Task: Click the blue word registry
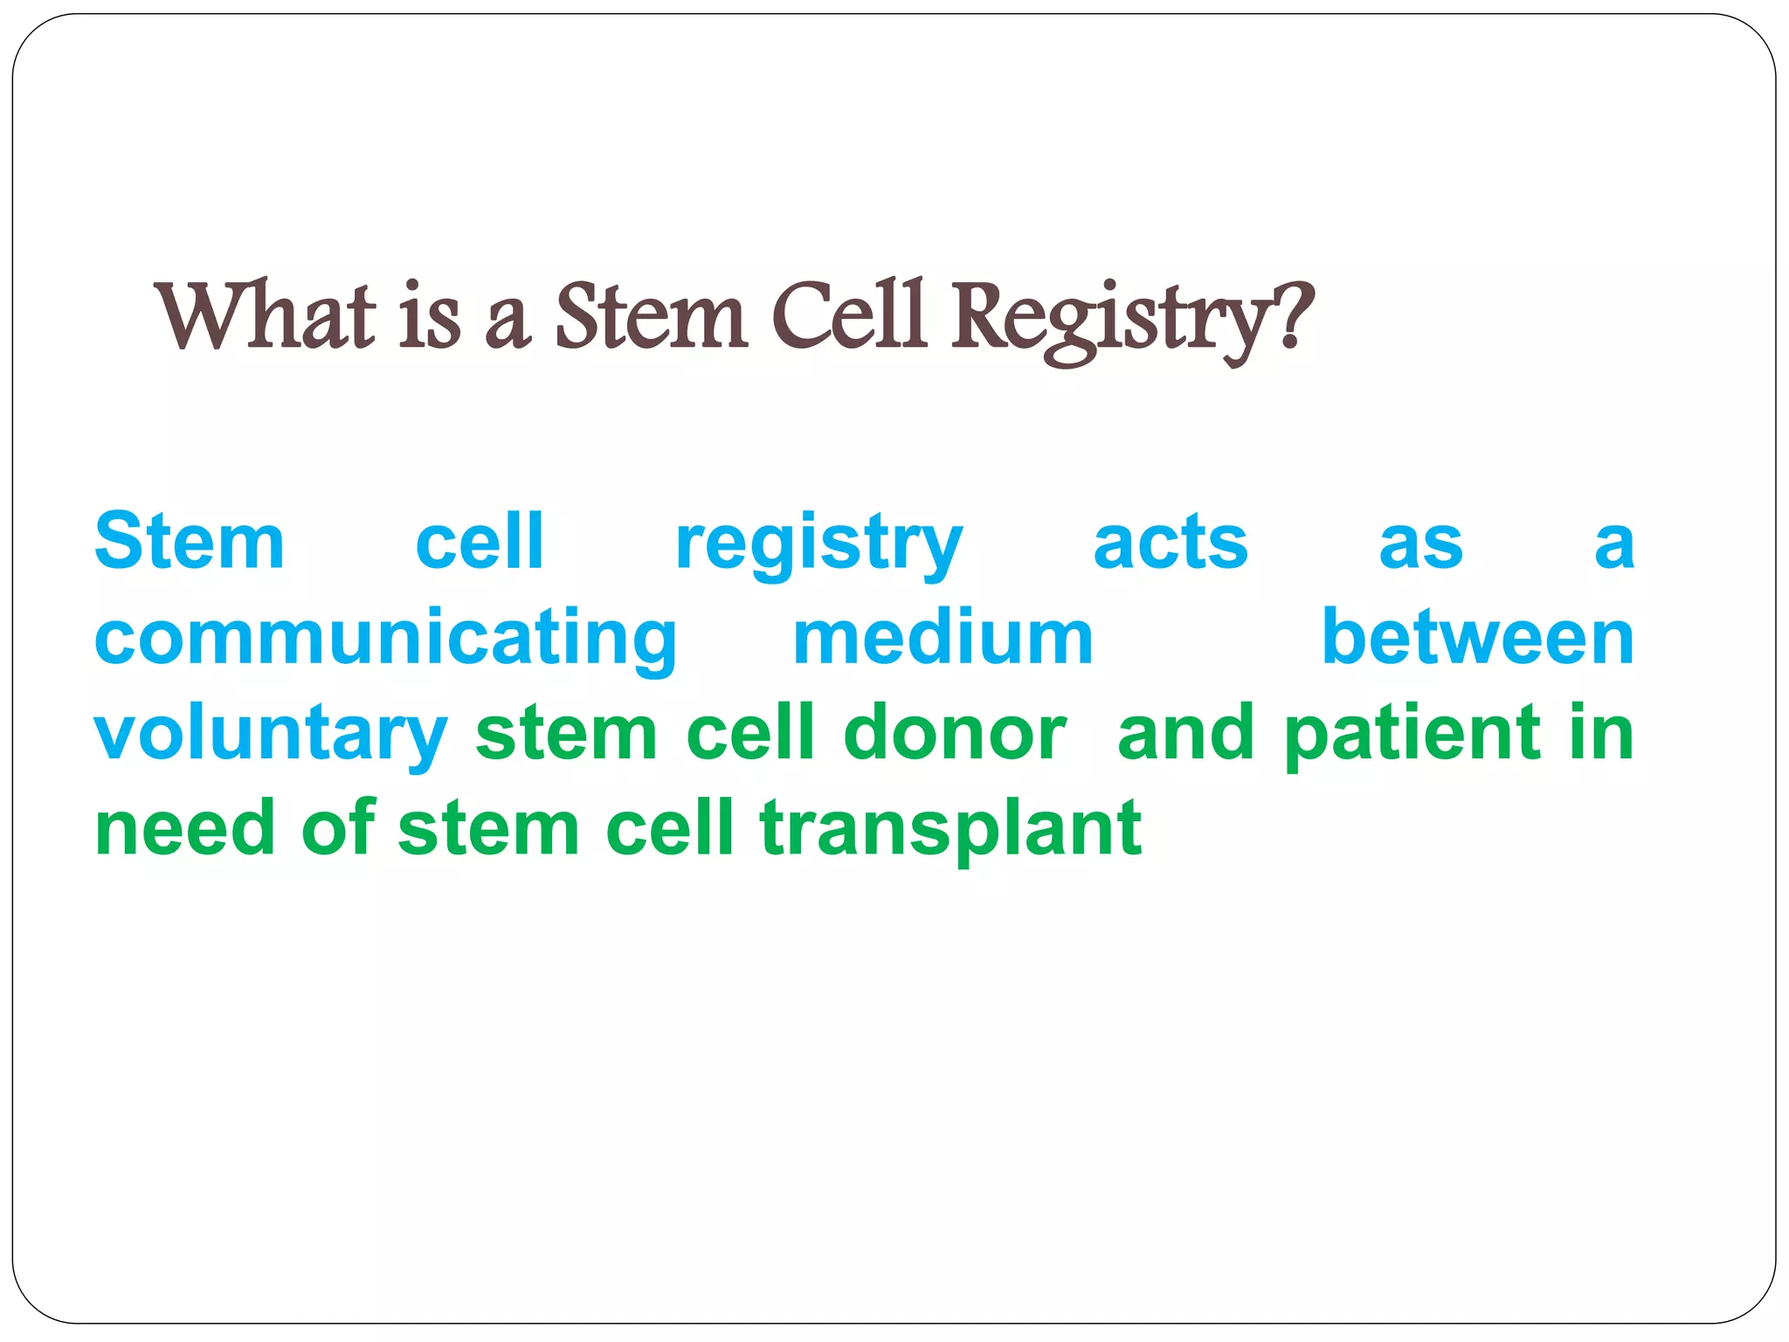click(819, 546)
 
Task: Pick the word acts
click(1170, 543)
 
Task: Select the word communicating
click(385, 640)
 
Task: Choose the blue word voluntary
click(270, 735)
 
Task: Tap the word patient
click(1412, 735)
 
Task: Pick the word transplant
click(950, 831)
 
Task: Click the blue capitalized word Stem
click(190, 543)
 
